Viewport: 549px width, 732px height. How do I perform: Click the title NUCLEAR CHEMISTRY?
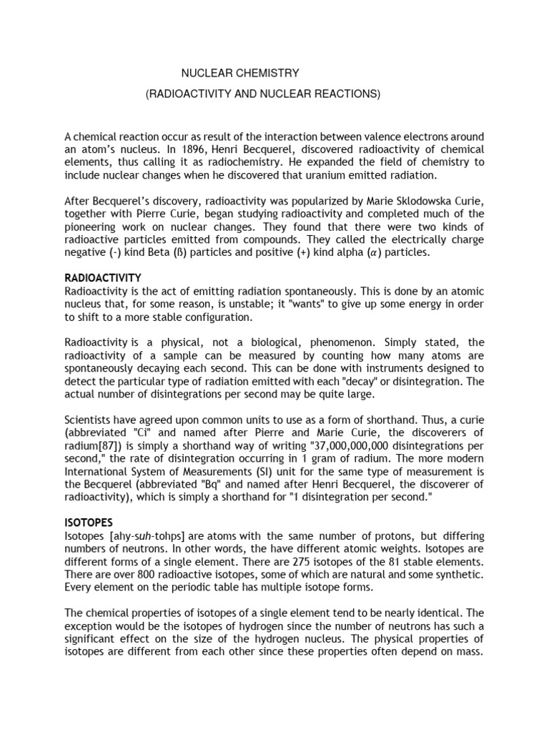coord(239,73)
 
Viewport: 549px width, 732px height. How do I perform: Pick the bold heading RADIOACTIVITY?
coord(103,278)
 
